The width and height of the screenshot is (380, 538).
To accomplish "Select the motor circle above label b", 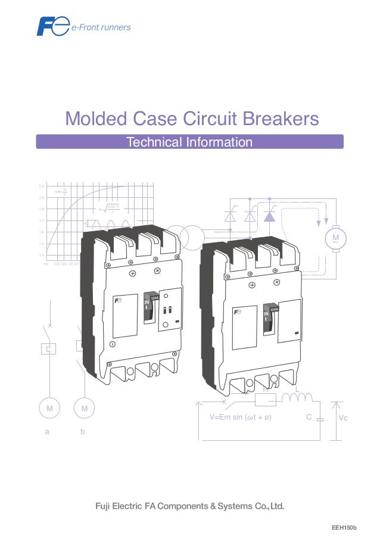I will [x=84, y=409].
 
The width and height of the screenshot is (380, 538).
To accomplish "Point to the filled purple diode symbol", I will [x=269, y=216].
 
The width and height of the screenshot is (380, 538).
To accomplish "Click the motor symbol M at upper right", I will [x=335, y=238].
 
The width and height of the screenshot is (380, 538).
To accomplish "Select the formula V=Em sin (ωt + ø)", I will [x=241, y=418].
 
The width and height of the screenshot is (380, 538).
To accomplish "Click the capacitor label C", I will [x=309, y=418].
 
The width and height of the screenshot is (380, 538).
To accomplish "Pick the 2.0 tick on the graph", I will [x=42, y=186].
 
